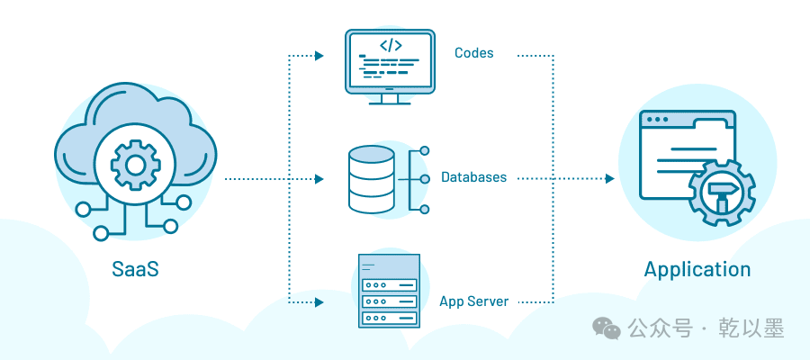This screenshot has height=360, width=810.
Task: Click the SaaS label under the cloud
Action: [135, 269]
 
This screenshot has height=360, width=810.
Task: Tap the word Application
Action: [697, 270]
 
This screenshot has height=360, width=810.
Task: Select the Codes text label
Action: [473, 53]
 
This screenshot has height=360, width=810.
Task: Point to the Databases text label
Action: [473, 177]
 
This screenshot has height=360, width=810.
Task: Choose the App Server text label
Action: [474, 301]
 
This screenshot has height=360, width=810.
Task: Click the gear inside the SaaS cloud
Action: [135, 166]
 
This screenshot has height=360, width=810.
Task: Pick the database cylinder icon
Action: [372, 179]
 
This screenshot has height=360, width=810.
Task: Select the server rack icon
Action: [389, 291]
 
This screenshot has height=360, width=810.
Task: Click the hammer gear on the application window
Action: [722, 193]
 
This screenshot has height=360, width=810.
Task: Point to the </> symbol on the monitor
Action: [391, 46]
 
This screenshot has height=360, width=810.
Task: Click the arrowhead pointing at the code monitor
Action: [319, 55]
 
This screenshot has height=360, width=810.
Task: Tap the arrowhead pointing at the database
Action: [319, 179]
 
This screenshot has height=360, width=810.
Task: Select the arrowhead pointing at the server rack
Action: [319, 301]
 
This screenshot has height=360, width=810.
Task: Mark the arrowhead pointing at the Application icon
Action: [609, 179]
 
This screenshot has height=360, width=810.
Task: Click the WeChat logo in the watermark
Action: [607, 328]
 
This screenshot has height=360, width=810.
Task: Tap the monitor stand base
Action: [390, 103]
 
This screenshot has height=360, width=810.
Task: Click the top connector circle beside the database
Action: [425, 151]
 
